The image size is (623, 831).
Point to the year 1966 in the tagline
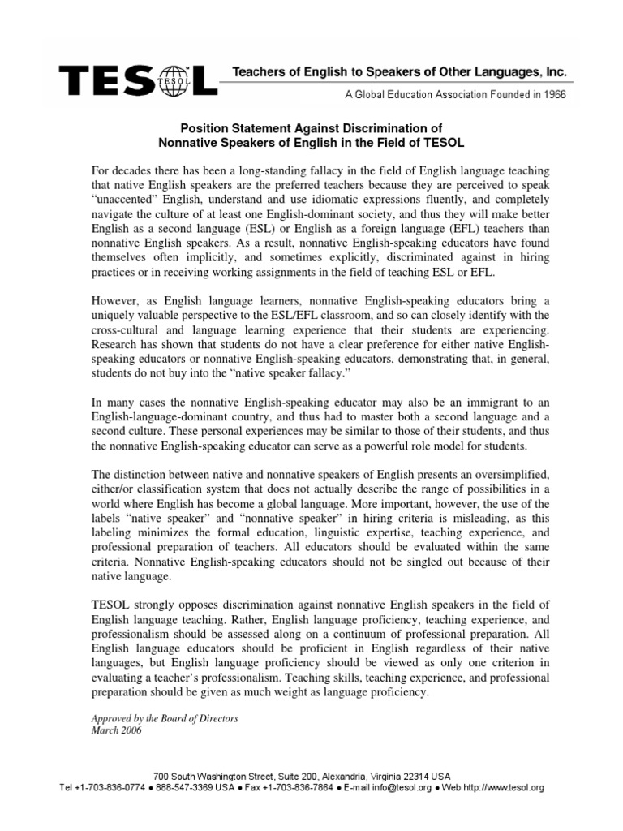click(x=552, y=93)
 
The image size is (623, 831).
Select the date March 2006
click(x=116, y=730)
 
